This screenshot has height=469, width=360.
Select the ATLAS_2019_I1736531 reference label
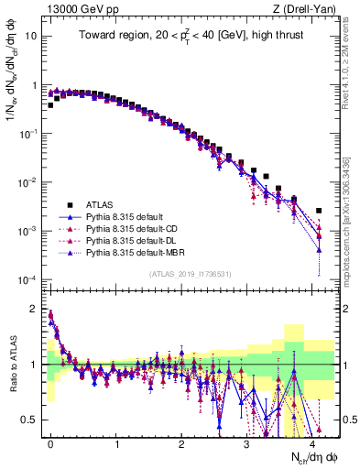tap(190, 274)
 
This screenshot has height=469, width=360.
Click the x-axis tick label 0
tap(50, 442)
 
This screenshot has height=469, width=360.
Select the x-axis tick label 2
tap(181, 442)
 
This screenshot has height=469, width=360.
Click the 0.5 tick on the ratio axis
tap(33, 420)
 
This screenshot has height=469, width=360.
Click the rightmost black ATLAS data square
tap(319, 210)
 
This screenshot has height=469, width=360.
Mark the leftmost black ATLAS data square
tap(50, 105)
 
